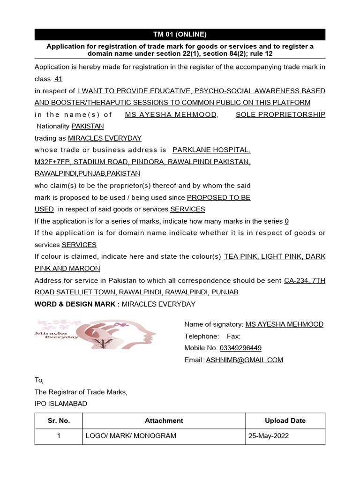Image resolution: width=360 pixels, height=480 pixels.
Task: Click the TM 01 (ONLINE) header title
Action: (180, 34)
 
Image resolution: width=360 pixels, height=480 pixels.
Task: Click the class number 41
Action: (59, 79)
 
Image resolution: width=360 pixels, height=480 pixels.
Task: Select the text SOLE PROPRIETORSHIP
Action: (280, 115)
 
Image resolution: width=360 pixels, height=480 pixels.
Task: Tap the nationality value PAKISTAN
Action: (88, 127)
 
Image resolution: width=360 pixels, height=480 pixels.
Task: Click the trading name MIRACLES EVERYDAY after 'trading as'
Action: (105, 138)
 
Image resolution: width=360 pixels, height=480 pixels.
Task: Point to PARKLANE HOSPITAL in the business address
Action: (211, 150)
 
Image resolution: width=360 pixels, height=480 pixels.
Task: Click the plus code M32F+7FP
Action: (51, 162)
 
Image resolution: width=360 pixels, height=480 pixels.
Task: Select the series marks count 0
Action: (287, 221)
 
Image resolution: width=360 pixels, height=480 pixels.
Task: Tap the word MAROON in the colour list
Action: (86, 269)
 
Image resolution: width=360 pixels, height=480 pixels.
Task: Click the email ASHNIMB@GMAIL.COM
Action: (244, 360)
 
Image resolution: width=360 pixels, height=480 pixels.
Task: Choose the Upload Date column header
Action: (285, 421)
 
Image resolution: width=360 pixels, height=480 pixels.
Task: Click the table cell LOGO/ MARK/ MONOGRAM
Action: (131, 436)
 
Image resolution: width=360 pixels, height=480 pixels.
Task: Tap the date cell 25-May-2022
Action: (269, 436)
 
